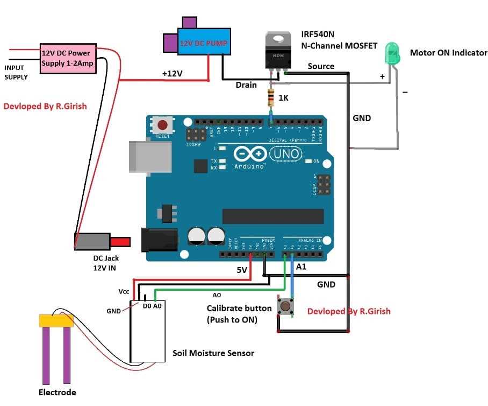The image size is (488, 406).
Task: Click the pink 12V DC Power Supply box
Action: [x=66, y=58]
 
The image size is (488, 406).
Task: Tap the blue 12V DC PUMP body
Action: [x=203, y=43]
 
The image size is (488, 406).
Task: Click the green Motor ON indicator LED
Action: [x=392, y=53]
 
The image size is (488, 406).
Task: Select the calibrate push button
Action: [x=285, y=307]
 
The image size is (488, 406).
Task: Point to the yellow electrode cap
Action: [x=56, y=321]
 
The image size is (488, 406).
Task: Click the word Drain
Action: [x=246, y=85]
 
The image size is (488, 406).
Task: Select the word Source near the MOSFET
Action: [x=321, y=66]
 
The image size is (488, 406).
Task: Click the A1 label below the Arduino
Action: [x=302, y=266]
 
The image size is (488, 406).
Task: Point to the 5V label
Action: [x=242, y=270]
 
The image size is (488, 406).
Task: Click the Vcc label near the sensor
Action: [x=124, y=291]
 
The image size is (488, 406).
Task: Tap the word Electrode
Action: [x=57, y=392]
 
